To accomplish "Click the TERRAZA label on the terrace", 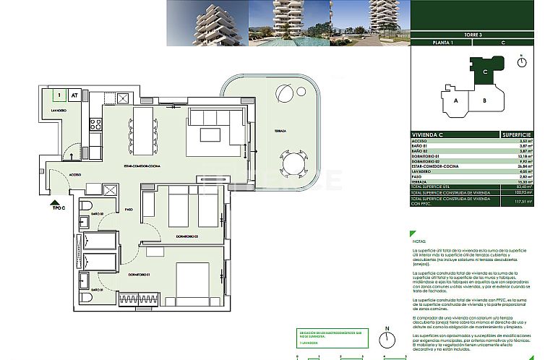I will click(x=281, y=131).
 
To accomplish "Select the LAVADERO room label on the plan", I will click(x=59, y=110).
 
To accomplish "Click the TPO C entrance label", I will click(x=59, y=207).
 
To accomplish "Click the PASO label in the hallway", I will click(x=129, y=210).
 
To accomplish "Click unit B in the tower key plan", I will click(x=486, y=100).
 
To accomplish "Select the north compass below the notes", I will click(x=388, y=343).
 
